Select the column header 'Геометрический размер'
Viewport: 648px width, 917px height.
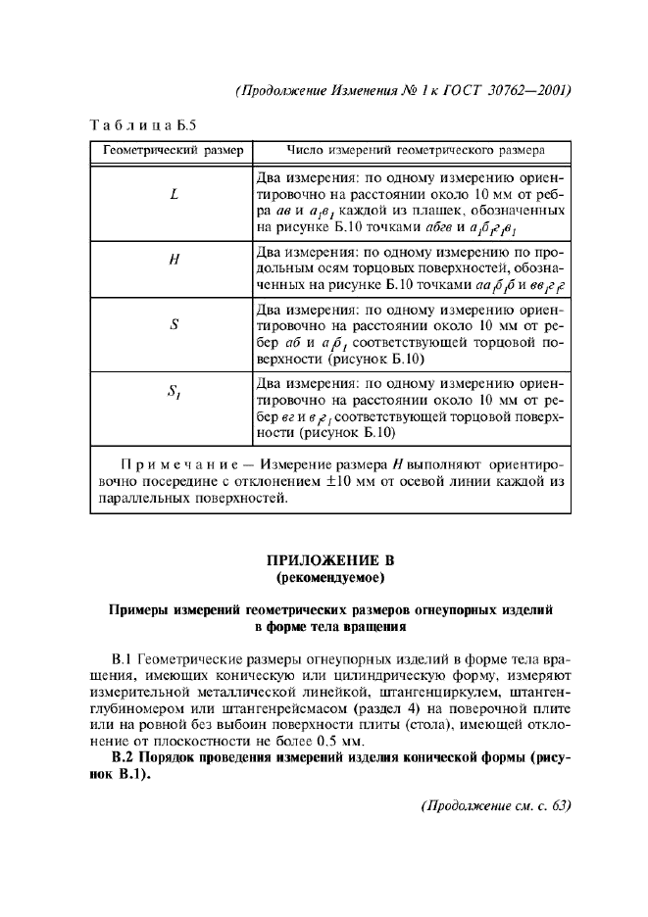[x=169, y=152]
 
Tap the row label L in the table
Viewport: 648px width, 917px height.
[x=174, y=194]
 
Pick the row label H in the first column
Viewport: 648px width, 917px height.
[x=174, y=262]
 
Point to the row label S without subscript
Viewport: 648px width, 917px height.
[x=174, y=325]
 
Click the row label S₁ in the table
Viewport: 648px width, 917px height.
[x=174, y=395]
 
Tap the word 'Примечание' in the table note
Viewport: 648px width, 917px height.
[x=175, y=463]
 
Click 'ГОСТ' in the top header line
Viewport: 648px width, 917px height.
[x=453, y=91]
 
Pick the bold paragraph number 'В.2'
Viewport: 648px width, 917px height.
[x=125, y=755]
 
